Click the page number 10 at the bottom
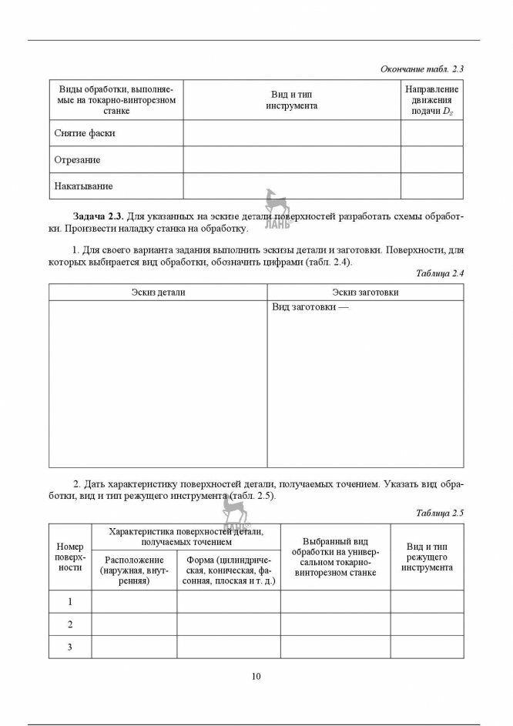pos(256,676)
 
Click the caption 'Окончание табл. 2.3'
pos(421,69)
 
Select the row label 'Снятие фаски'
pos(85,133)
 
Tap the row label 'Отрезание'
pos(78,160)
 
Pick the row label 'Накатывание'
pos(83,186)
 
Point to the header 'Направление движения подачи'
pos(431,100)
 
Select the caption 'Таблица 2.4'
pos(439,273)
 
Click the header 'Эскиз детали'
pos(158,293)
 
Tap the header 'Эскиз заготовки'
pos(365,293)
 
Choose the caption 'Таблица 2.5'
pos(439,513)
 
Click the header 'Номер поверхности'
pos(70,557)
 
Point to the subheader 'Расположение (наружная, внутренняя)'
pos(134,570)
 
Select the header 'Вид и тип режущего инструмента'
pos(427,557)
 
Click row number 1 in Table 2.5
pos(70,601)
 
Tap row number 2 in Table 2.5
pos(70,624)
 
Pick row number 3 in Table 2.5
pos(70,647)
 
